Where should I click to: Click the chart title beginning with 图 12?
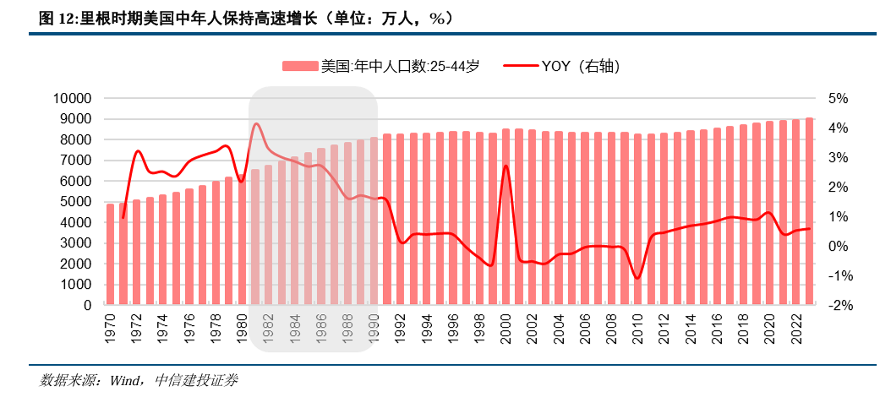[x=245, y=18]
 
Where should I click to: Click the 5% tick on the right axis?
[x=837, y=98]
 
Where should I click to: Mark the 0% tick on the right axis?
[x=837, y=246]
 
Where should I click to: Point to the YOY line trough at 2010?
[x=637, y=278]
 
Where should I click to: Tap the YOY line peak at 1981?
[x=256, y=124]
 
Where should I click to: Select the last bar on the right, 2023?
[x=809, y=211]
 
